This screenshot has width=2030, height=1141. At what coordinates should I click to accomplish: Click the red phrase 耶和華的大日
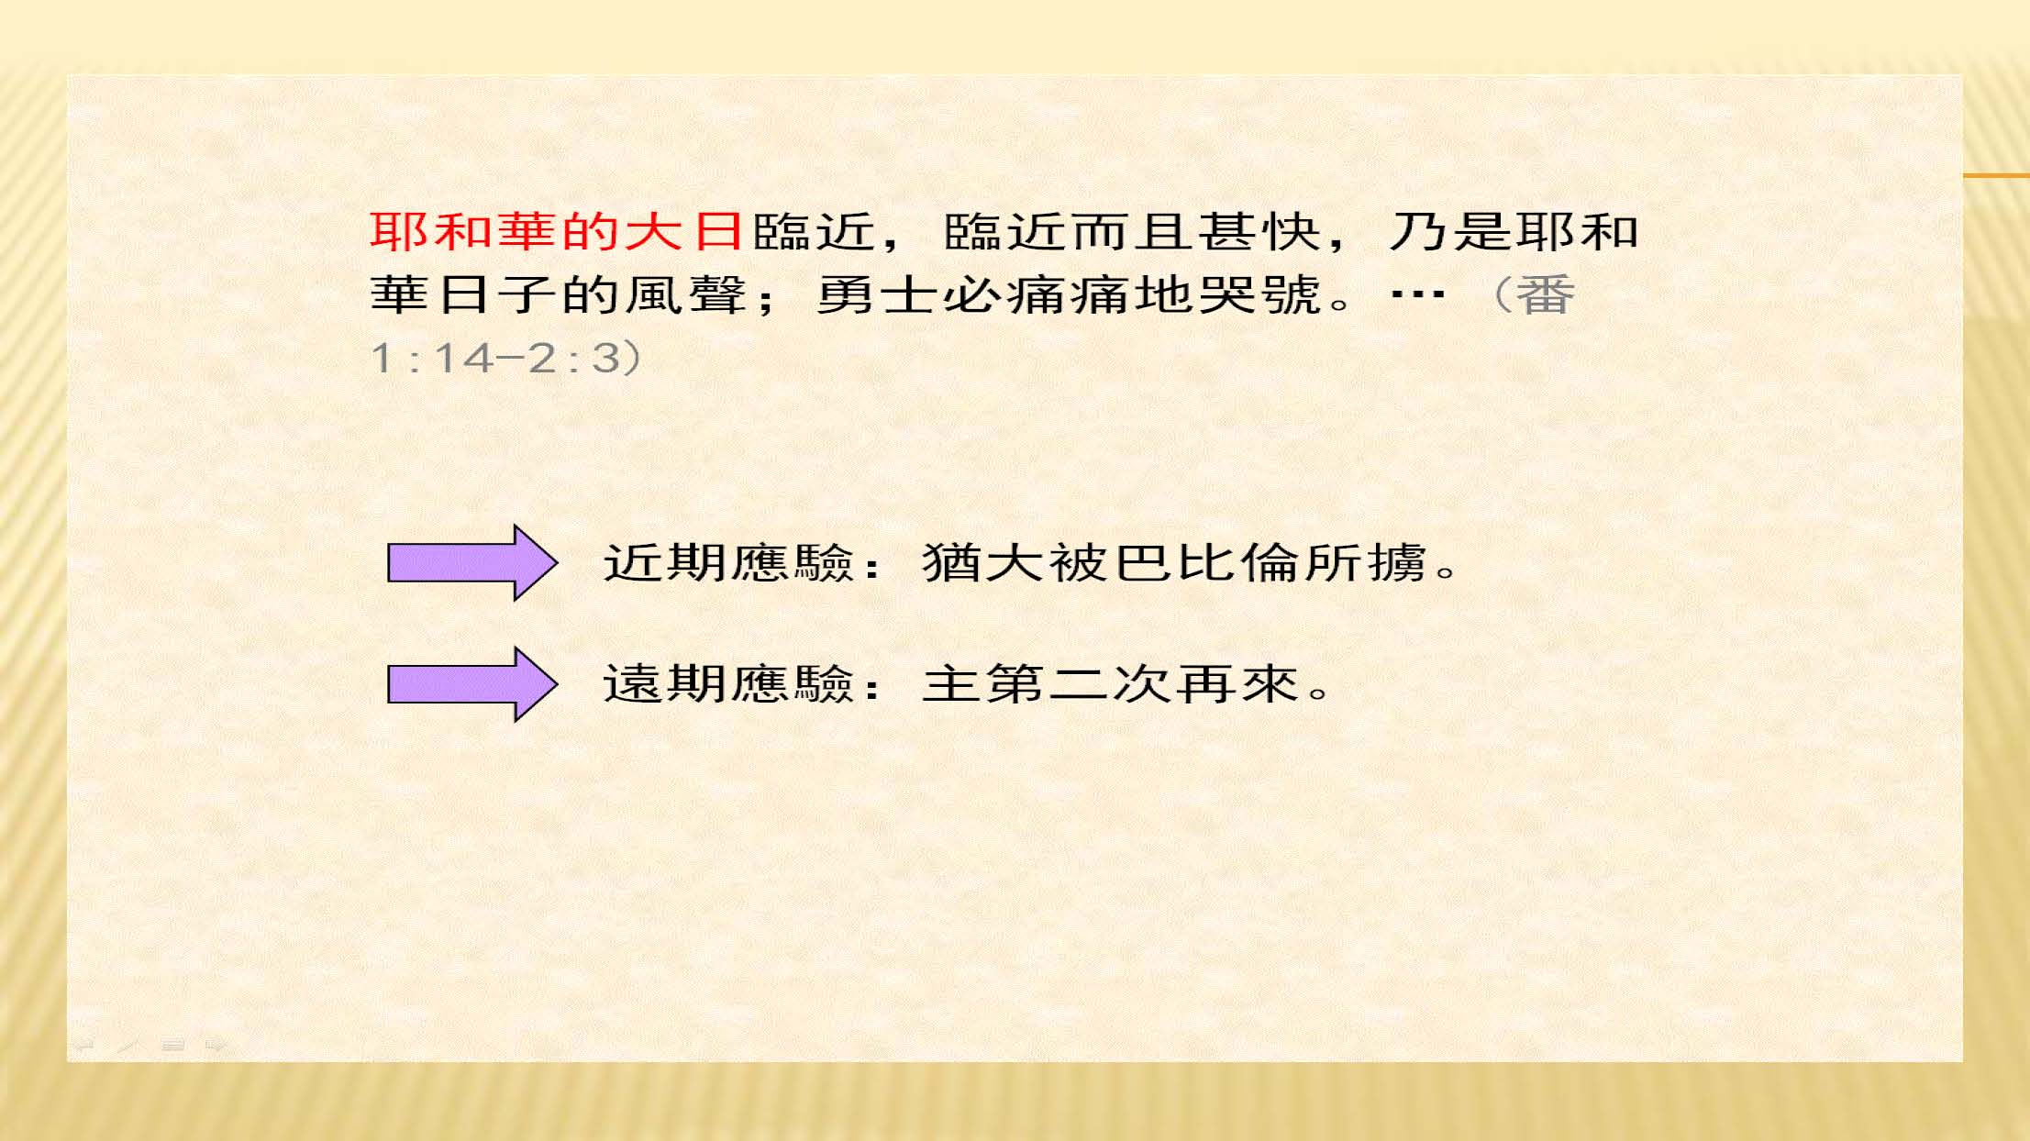[556, 231]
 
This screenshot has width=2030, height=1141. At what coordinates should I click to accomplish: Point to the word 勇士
[877, 295]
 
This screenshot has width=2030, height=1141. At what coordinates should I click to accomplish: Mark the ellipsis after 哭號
[1418, 295]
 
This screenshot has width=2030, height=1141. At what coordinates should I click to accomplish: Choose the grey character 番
[1546, 295]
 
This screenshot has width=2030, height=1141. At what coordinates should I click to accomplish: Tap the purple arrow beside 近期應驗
[472, 562]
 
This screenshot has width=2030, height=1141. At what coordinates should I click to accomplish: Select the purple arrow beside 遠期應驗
[472, 684]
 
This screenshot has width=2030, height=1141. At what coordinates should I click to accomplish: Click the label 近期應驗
[729, 562]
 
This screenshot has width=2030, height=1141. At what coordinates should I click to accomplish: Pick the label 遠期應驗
[729, 684]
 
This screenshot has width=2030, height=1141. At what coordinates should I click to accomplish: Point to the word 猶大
[984, 562]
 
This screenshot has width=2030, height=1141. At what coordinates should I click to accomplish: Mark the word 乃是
[1450, 231]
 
